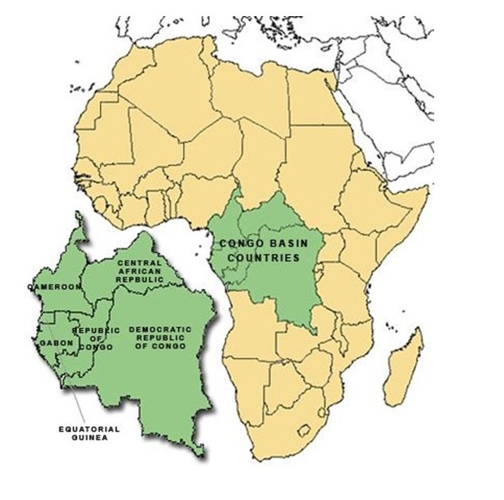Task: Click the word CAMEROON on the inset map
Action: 54,287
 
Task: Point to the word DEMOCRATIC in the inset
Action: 161,330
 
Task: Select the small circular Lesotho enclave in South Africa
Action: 307,428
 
